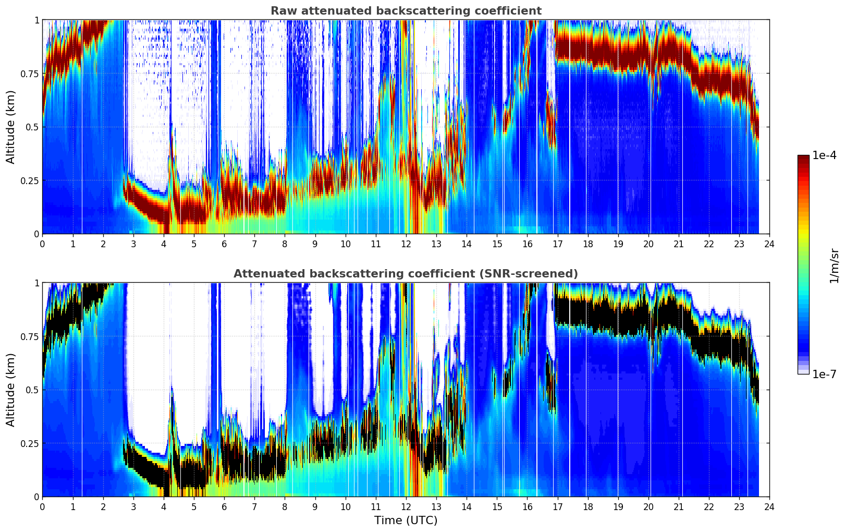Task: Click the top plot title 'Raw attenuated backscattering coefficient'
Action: tap(406, 11)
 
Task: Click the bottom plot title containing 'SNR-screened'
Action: tap(406, 274)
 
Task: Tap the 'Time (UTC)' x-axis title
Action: tap(406, 520)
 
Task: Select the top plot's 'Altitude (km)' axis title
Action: tap(10, 127)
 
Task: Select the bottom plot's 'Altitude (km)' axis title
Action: tap(10, 390)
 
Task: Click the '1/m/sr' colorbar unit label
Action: tap(834, 265)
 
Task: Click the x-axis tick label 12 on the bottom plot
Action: tap(406, 507)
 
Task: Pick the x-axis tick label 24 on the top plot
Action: tap(769, 244)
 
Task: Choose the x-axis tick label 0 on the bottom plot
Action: tap(42, 507)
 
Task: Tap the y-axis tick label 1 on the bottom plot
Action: tap(36, 283)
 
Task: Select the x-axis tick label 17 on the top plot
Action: tap(557, 244)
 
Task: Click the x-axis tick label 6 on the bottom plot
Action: tap(224, 507)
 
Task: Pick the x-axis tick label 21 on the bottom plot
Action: tap(678, 507)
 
